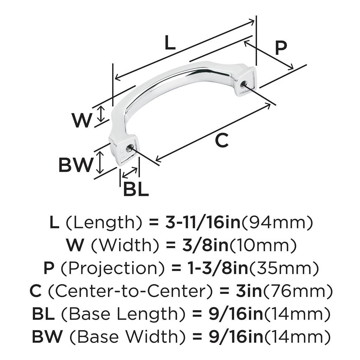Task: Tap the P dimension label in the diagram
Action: pyautogui.click(x=281, y=48)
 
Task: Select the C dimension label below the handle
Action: pyautogui.click(x=221, y=141)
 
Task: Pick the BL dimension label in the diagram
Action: pyautogui.click(x=136, y=190)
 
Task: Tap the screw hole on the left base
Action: pyautogui.click(x=131, y=148)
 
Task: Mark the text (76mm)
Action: pyautogui.click(x=298, y=291)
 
